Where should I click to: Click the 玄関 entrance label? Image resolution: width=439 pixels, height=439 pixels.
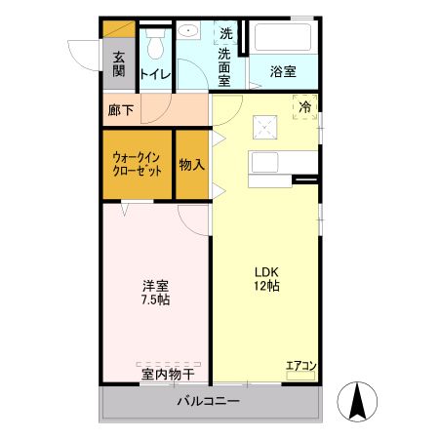click(x=118, y=64)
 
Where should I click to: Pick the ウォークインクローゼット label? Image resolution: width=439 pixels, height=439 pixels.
click(x=138, y=163)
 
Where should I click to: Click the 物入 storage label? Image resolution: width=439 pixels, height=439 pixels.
click(x=191, y=165)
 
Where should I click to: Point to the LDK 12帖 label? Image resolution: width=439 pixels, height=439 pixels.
click(x=267, y=279)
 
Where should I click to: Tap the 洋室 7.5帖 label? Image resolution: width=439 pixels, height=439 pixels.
click(x=155, y=293)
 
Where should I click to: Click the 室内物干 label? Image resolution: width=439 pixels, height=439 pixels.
click(x=167, y=374)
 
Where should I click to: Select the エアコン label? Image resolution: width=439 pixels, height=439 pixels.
click(x=300, y=367)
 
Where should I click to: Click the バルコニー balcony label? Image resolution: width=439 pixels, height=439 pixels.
click(x=208, y=401)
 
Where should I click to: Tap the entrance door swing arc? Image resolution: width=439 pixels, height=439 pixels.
click(x=80, y=51)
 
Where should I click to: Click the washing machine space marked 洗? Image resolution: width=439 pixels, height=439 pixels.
click(x=225, y=33)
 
